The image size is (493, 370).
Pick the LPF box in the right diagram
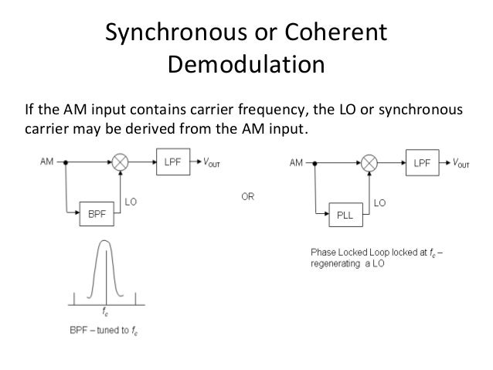[421, 164]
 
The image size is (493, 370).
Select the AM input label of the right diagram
[296, 164]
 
